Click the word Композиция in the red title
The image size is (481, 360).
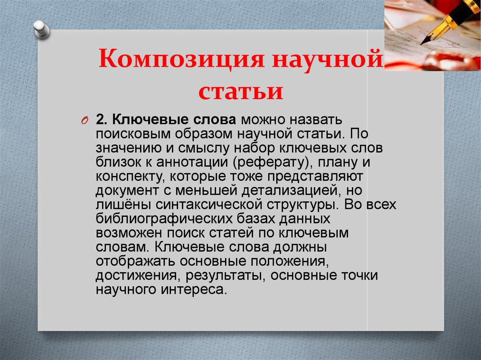tap(181, 58)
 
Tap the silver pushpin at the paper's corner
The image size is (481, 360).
tap(41, 30)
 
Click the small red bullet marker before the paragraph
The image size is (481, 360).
tap(85, 121)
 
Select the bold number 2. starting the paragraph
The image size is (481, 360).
tap(101, 119)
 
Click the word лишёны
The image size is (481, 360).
tap(124, 205)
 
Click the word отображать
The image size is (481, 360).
tap(135, 261)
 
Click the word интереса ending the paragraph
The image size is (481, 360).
tap(194, 290)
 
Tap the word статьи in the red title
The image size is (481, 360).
tap(241, 91)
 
